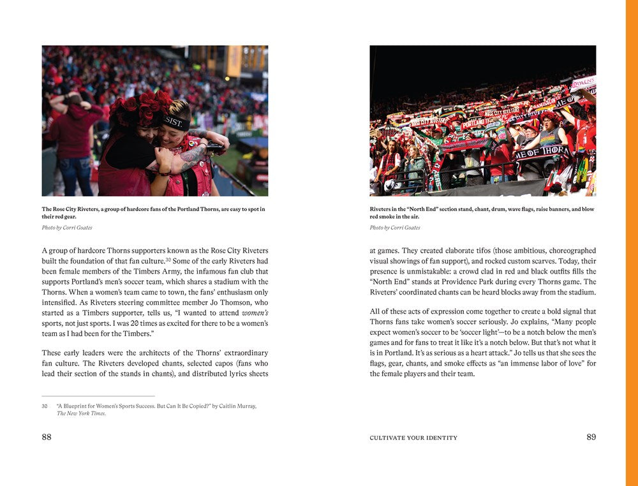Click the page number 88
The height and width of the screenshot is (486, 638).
click(x=47, y=437)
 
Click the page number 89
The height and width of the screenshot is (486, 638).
click(x=591, y=437)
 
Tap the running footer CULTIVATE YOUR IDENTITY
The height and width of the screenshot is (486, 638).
click(x=413, y=438)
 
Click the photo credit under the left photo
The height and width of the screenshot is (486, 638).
click(x=67, y=228)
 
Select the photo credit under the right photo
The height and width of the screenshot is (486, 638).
click(x=395, y=228)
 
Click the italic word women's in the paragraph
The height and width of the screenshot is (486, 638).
click(x=255, y=313)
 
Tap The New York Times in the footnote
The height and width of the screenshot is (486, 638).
click(x=81, y=413)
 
